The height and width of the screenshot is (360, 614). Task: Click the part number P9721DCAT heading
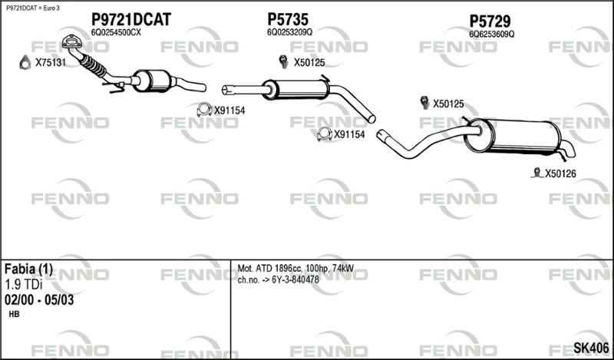[x=131, y=20]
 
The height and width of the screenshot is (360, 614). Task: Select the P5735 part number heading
[x=288, y=19]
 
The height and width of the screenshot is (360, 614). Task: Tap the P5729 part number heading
[x=490, y=21]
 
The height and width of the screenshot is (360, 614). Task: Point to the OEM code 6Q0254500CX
[x=116, y=33]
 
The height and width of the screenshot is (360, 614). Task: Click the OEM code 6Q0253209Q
[x=290, y=32]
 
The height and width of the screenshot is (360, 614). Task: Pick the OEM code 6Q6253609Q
[x=492, y=35]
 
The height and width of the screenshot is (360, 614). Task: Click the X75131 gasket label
[x=51, y=63]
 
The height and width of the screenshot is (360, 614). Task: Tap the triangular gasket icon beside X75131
[x=25, y=63]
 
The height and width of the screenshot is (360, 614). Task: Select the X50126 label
[x=560, y=173]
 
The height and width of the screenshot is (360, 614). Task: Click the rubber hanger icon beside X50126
[x=536, y=173]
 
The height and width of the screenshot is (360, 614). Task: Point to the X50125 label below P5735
[x=309, y=63]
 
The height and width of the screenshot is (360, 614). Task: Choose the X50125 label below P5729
[x=448, y=104]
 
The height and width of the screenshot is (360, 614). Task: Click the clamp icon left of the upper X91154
[x=204, y=110]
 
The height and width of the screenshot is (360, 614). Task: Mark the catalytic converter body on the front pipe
[x=152, y=81]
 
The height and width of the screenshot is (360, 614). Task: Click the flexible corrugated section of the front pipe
[x=93, y=66]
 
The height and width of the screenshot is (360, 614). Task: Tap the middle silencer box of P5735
[x=296, y=90]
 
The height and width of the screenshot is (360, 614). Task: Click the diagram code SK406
[x=591, y=348]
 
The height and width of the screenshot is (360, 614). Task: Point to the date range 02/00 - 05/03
[x=39, y=300]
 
